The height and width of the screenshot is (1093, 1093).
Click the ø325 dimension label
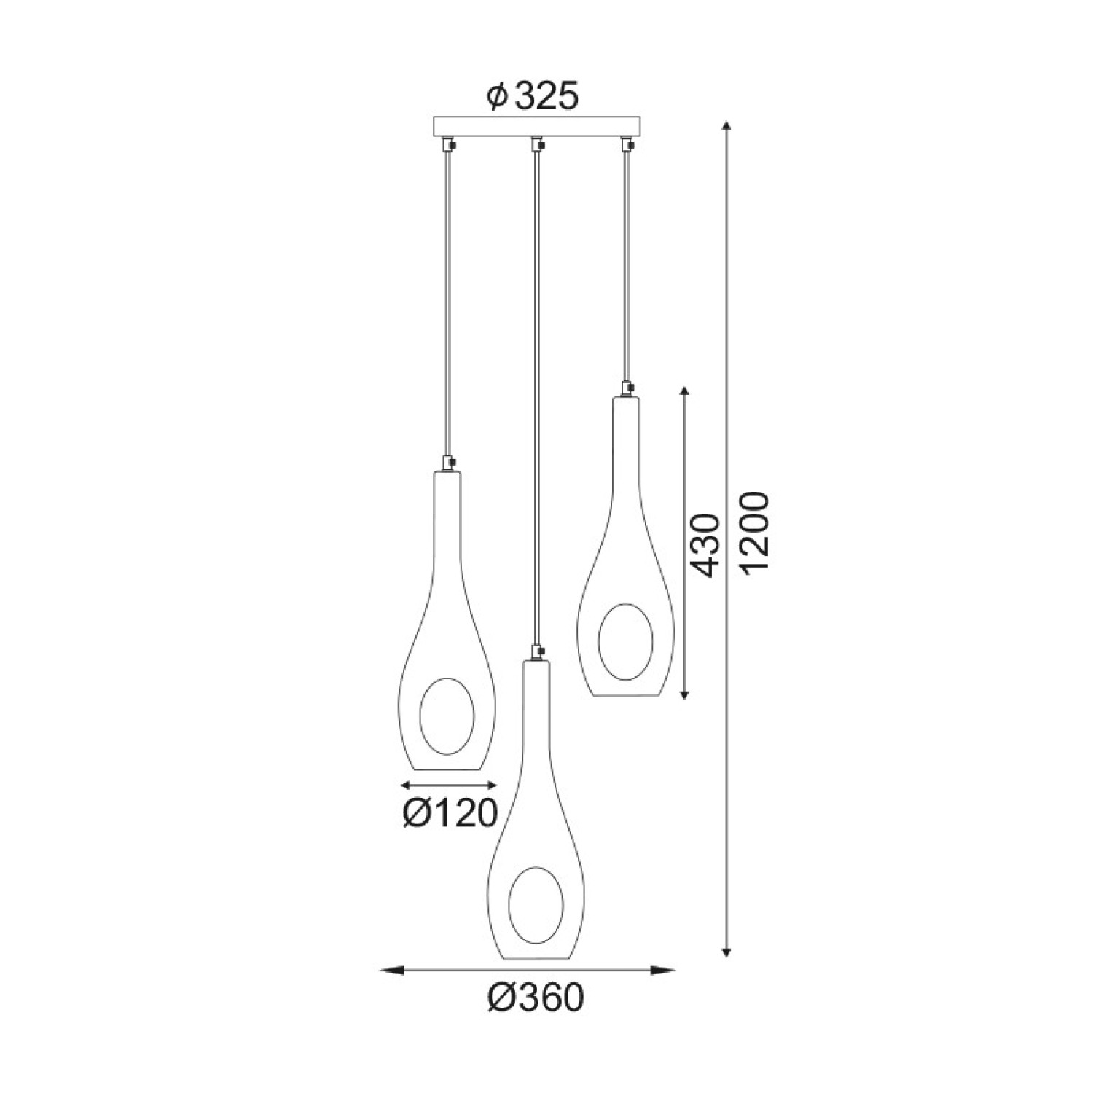pyautogui.click(x=533, y=95)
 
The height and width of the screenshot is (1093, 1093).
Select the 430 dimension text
pyautogui.click(x=703, y=545)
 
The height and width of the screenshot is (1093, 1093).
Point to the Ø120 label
pyautogui.click(x=450, y=812)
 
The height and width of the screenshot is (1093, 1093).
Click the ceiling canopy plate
pyautogui.click(x=536, y=127)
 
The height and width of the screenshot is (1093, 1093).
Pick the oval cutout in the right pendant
pyautogui.click(x=625, y=641)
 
